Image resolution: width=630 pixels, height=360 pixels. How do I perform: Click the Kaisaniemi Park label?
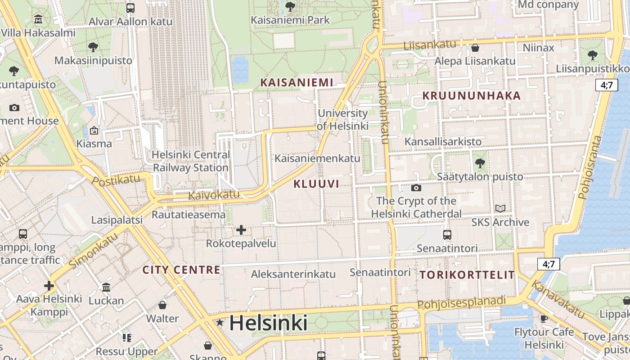point(290,20)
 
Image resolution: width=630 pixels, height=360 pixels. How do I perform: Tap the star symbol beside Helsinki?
point(220,322)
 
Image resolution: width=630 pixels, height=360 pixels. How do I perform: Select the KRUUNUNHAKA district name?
point(471,95)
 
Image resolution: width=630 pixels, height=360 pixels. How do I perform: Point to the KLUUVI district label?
point(316,184)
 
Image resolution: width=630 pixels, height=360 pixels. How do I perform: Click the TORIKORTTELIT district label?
point(467,275)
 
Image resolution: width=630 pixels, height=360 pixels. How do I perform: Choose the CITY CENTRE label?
point(181,270)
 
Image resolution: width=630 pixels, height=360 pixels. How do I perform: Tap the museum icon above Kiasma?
point(94,131)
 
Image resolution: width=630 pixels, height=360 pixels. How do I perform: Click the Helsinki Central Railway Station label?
point(191,161)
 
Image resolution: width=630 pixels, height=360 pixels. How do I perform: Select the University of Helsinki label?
point(343,120)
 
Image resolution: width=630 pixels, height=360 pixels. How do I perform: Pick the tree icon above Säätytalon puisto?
point(480,163)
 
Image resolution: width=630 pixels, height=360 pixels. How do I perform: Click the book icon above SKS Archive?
point(500,208)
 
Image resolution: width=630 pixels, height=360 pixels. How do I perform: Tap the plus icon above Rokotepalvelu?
point(241,230)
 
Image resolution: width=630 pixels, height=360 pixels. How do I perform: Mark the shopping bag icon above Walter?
point(162,305)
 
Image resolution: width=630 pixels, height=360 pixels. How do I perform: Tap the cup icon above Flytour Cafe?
point(544,319)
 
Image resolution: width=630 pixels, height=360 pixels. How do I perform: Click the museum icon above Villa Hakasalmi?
point(38,19)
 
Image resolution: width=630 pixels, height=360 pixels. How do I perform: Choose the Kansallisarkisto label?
point(443,141)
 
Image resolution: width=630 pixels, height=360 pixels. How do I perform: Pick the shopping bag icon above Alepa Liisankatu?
point(475,48)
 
